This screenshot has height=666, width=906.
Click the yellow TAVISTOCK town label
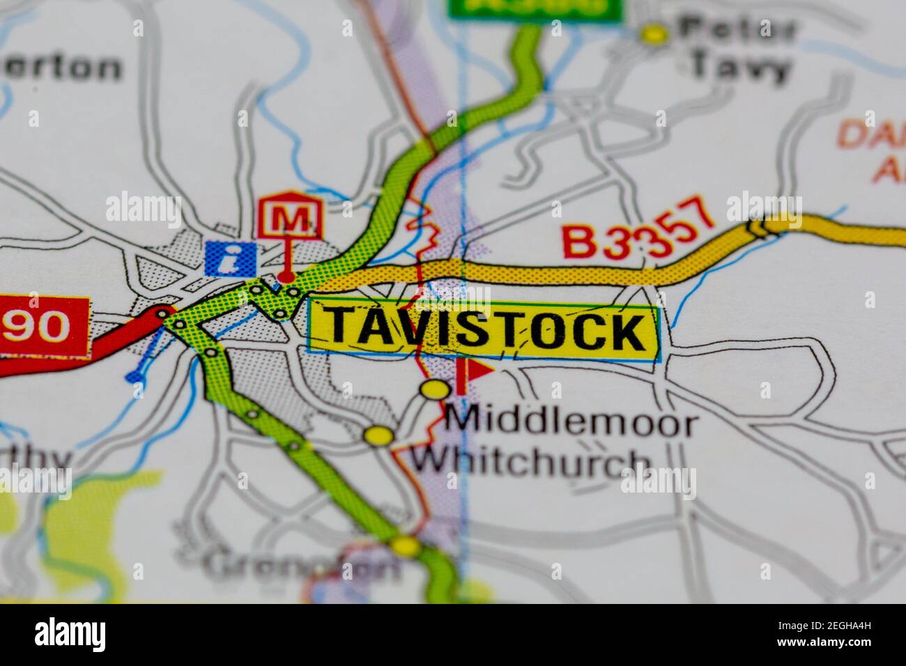[x=483, y=331]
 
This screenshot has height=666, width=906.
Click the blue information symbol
[x=230, y=258]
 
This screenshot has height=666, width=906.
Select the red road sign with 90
[x=43, y=326]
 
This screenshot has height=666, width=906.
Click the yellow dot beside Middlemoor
[x=435, y=389]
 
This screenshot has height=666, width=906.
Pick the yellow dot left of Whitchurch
[x=379, y=436]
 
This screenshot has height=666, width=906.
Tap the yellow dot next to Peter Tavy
[x=654, y=33]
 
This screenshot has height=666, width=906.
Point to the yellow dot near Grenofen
[x=404, y=545]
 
